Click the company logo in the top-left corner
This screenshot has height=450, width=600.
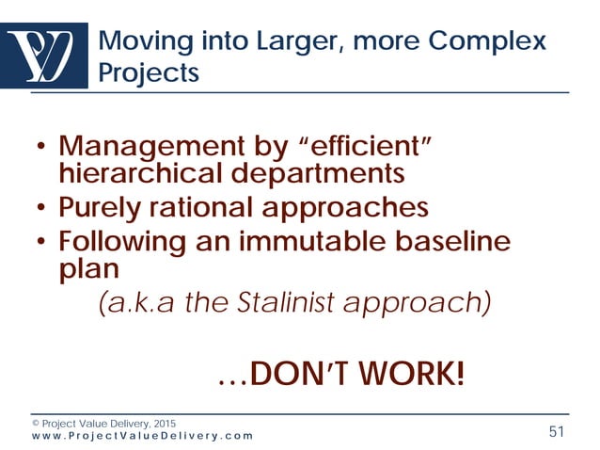click(46, 56)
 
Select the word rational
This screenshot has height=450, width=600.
click(210, 207)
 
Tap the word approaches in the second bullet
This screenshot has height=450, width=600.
click(354, 207)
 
